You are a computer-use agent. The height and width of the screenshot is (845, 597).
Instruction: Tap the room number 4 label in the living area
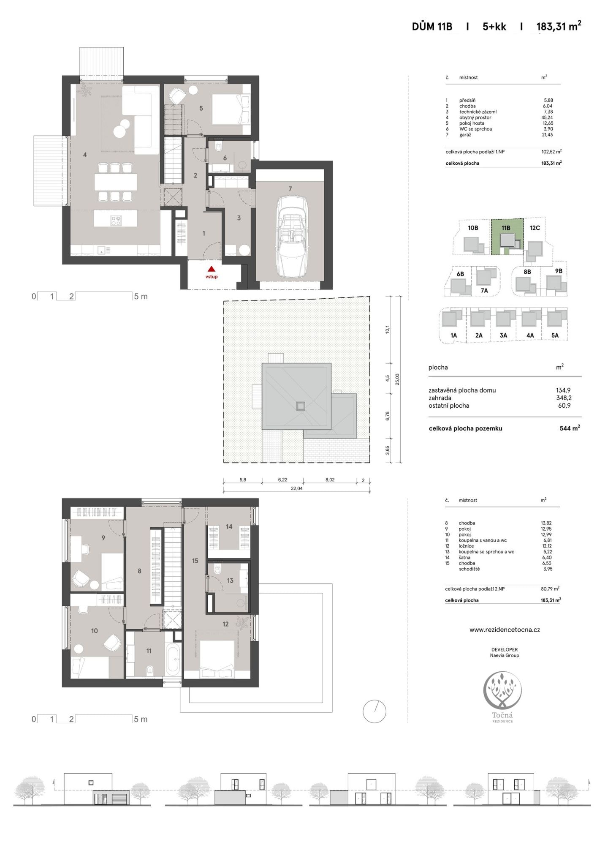coord(85,155)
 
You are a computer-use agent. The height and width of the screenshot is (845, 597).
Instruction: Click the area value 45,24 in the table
coord(547,117)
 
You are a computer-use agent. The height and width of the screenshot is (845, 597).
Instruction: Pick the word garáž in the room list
coord(465,135)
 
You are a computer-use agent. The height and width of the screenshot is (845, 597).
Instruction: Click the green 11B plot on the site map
coord(507,237)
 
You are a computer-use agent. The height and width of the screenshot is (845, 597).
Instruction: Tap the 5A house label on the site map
coord(555,335)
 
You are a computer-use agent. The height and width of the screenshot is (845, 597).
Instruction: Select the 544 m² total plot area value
coord(570,428)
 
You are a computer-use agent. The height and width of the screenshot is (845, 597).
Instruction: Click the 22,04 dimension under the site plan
coord(296,488)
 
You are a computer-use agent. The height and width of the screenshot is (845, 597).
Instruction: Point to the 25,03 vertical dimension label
coord(397,379)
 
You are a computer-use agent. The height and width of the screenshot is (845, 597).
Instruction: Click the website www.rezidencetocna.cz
coord(505,630)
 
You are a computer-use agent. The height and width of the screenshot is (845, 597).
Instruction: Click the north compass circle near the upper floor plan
coord(374,711)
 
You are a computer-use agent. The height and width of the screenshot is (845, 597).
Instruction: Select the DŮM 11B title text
coord(432,27)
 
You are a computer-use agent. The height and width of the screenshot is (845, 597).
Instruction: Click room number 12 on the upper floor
coord(225,624)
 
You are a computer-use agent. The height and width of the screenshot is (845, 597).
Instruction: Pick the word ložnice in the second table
coord(466,546)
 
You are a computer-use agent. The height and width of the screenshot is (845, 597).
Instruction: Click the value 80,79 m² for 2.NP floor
coord(550,589)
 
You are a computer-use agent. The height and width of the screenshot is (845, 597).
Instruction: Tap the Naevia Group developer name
coord(505,655)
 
